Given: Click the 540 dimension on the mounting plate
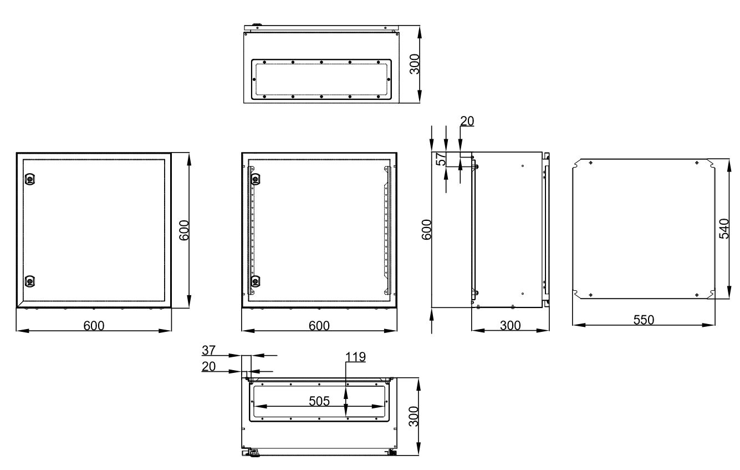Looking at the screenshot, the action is [x=724, y=229].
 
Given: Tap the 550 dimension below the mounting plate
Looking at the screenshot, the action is [x=644, y=320].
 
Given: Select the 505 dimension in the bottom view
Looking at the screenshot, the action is [x=319, y=401].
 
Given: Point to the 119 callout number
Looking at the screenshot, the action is [x=355, y=357].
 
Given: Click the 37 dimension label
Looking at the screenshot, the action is [x=208, y=350].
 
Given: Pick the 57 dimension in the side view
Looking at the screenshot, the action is [x=441, y=159].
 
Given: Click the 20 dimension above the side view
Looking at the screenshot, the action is [x=467, y=121].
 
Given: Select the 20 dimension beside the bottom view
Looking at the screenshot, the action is [x=208, y=366].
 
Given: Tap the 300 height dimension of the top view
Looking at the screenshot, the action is [x=414, y=64].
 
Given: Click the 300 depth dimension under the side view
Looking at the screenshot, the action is [x=510, y=326].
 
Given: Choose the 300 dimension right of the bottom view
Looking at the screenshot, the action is [x=414, y=416].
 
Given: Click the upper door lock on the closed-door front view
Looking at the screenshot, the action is [x=30, y=179].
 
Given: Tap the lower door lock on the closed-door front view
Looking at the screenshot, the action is [x=30, y=281].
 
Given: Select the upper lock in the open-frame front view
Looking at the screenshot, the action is [x=256, y=179].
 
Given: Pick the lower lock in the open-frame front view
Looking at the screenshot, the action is [x=256, y=281].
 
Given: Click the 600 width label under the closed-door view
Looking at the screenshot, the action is [x=94, y=326].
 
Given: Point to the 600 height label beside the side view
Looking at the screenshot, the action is [x=426, y=230].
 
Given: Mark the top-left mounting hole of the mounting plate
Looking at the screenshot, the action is [x=591, y=163].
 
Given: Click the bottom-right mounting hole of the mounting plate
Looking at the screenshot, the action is [x=697, y=295].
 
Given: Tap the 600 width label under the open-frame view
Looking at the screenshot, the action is [x=319, y=326].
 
